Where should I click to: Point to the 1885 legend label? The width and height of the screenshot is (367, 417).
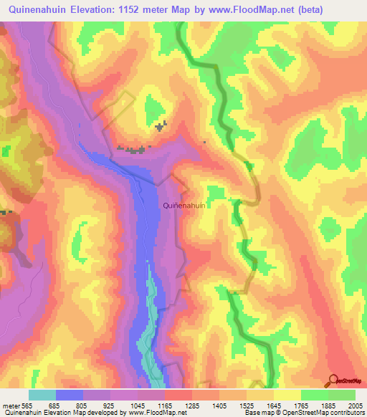(x=328, y=406)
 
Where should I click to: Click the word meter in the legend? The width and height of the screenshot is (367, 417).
(x=10, y=406)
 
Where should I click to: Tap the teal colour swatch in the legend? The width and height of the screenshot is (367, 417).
(x=42, y=395)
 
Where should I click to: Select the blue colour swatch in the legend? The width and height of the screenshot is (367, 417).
(x=70, y=395)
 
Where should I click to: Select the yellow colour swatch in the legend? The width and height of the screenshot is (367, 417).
(x=287, y=395)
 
